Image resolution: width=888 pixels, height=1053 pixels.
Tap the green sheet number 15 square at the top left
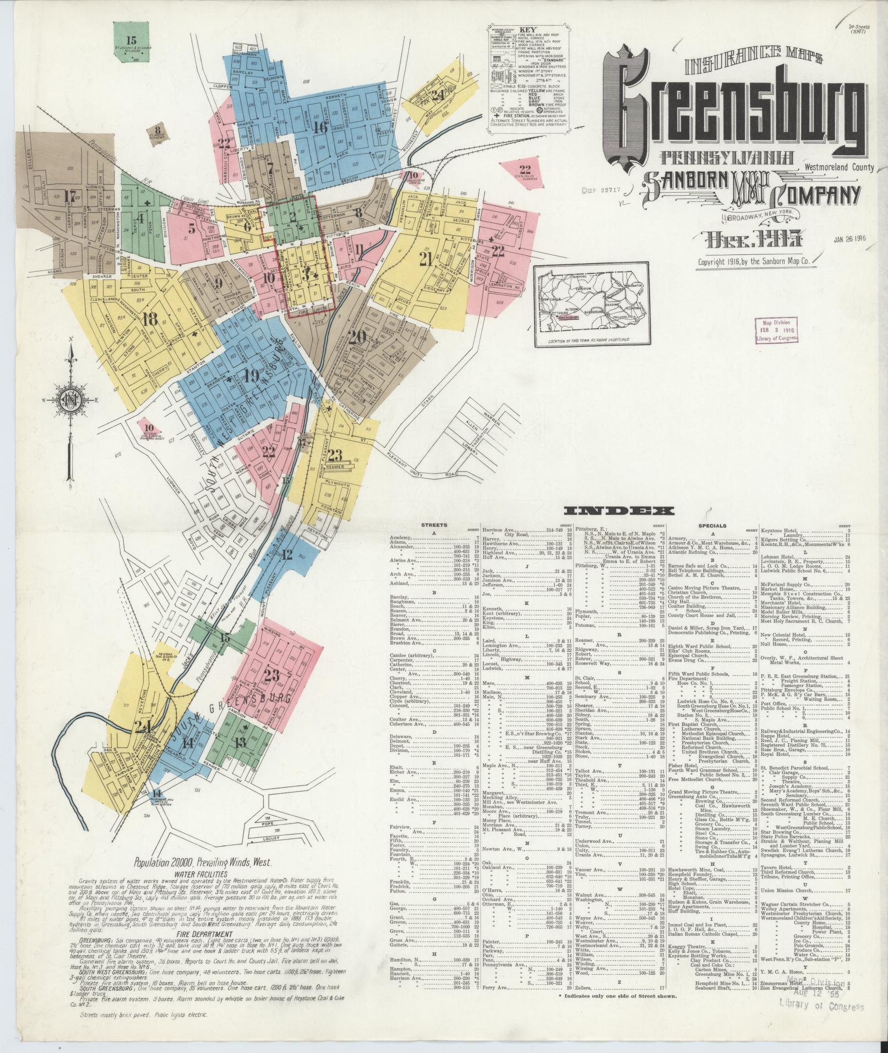pyautogui.click(x=132, y=40)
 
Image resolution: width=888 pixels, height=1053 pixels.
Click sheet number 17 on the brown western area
pyautogui.click(x=69, y=196)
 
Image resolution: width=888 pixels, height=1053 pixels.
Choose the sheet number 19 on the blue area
pyautogui.click(x=251, y=377)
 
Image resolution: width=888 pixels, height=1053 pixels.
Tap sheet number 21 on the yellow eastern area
pyautogui.click(x=425, y=259)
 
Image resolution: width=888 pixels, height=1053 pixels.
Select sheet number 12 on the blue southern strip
pyautogui.click(x=287, y=554)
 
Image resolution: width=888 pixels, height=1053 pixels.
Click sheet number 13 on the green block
pyautogui.click(x=240, y=741)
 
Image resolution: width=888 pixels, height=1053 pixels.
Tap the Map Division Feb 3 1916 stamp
pyautogui.click(x=776, y=329)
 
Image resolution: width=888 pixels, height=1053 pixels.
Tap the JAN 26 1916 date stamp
pyautogui.click(x=851, y=241)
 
